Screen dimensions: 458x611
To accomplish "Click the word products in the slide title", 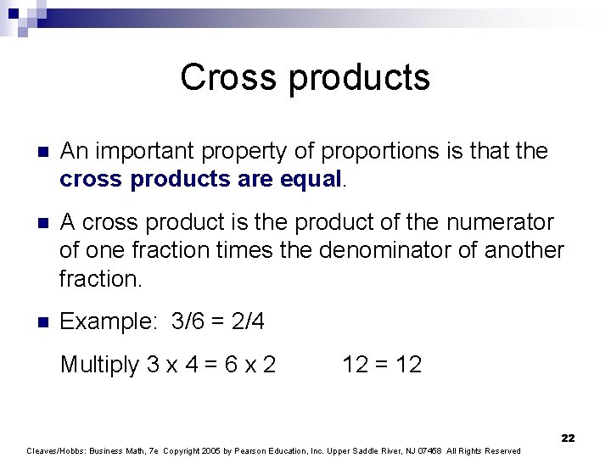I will pos(360,78).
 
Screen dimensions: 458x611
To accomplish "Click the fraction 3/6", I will pos(189,321).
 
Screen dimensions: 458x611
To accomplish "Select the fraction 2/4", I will pos(247,321).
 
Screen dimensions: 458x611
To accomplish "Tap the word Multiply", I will pos(99,365).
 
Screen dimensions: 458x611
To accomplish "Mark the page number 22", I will pos(568,438).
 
